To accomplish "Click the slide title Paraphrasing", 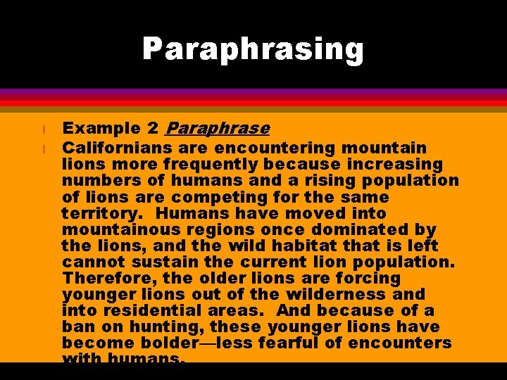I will point(253,50).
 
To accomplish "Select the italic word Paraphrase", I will point(217,129).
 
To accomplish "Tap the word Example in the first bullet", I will point(101,129).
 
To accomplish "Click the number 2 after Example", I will point(153,129).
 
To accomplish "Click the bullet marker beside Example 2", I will point(44,129).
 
